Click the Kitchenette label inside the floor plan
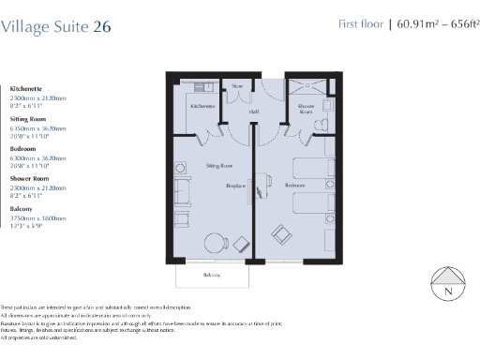tap(202, 107)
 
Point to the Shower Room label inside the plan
tap(306, 109)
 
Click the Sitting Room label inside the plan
tap(219, 165)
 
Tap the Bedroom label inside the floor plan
tap(294, 186)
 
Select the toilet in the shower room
tap(323, 120)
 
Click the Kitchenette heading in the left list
tap(26, 88)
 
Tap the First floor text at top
tap(361, 24)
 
